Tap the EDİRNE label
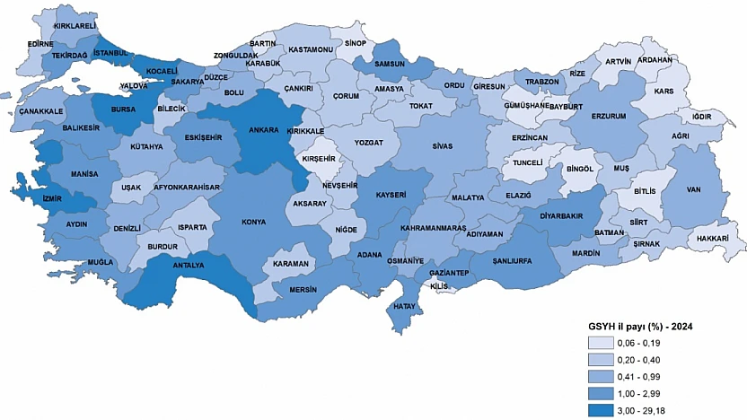[40, 43]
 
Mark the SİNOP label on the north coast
[356, 42]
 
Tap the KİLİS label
[439, 285]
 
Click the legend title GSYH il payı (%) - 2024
[640, 327]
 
